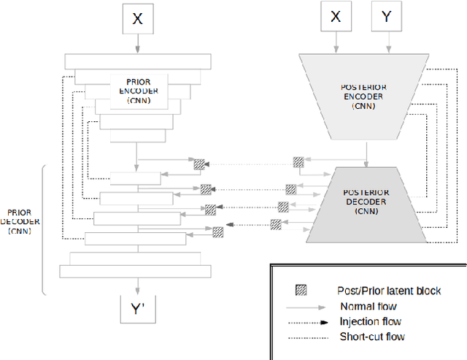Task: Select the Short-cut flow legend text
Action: [373, 337]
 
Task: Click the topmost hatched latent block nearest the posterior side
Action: [298, 162]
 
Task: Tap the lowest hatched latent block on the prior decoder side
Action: [218, 232]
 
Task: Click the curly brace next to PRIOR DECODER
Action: [45, 230]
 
